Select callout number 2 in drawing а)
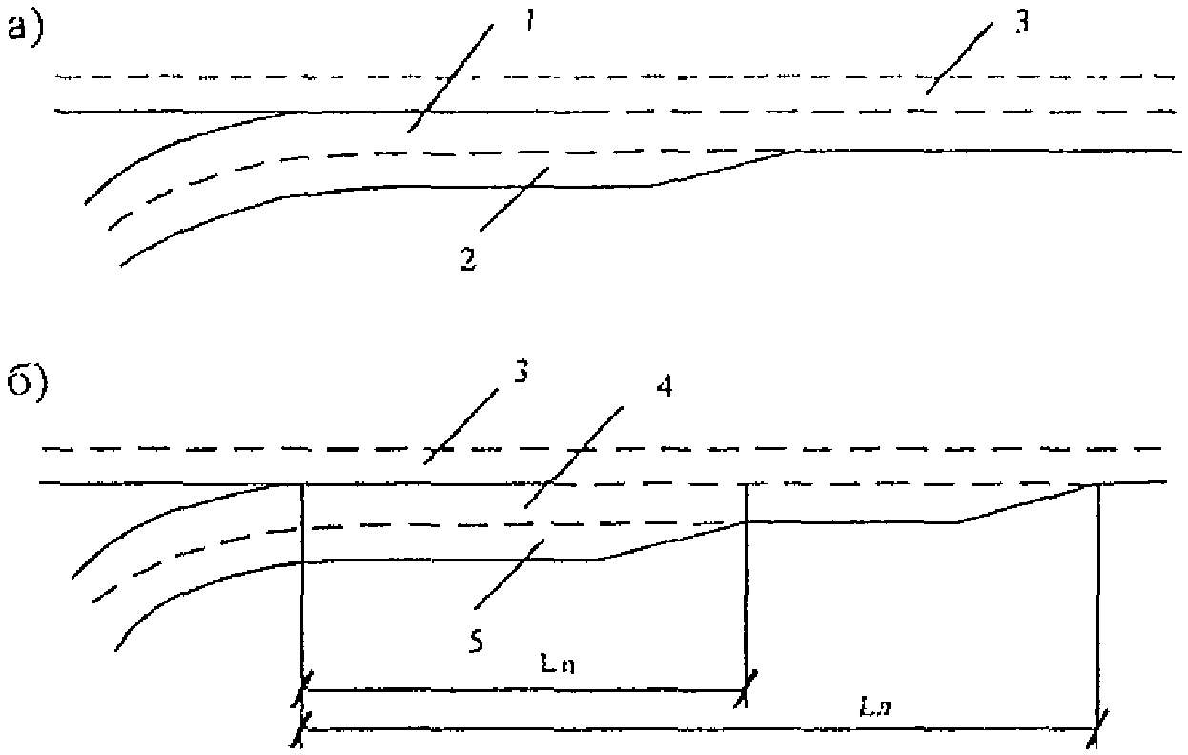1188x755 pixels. [467, 258]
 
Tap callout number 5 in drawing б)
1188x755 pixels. [475, 641]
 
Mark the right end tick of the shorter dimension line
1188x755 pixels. [746, 689]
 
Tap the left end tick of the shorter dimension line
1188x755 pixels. [303, 688]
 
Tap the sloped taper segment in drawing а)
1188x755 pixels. [725, 169]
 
